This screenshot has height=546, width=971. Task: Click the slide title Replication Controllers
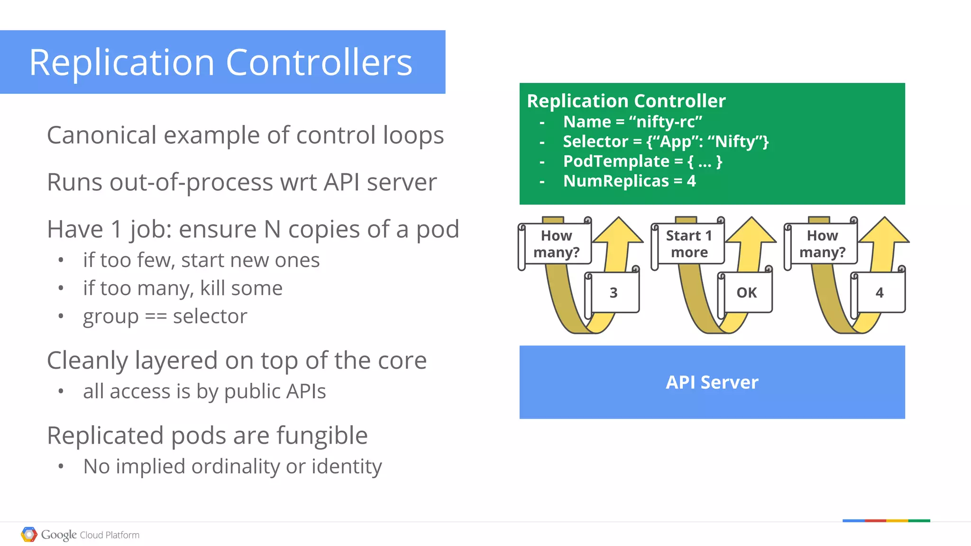click(221, 63)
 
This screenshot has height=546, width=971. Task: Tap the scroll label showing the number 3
click(614, 293)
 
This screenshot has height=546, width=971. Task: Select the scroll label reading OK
click(746, 293)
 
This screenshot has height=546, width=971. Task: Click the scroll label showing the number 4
click(879, 293)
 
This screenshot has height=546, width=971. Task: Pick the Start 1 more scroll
click(689, 243)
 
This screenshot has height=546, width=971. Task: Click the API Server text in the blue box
click(712, 382)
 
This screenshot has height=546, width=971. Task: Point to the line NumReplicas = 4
click(629, 181)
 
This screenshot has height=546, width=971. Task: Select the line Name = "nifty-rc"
click(632, 122)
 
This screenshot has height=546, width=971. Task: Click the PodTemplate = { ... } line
click(642, 161)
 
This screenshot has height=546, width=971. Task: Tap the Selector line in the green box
click(665, 142)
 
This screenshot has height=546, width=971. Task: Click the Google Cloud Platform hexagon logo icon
click(29, 535)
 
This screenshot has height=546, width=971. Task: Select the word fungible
click(322, 436)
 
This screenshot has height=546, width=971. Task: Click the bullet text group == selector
click(165, 316)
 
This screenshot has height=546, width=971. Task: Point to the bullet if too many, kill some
click(183, 288)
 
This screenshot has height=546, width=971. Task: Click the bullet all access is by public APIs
click(204, 392)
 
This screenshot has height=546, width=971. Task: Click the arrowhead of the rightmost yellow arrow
click(884, 231)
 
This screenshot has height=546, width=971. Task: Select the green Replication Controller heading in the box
click(626, 101)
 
